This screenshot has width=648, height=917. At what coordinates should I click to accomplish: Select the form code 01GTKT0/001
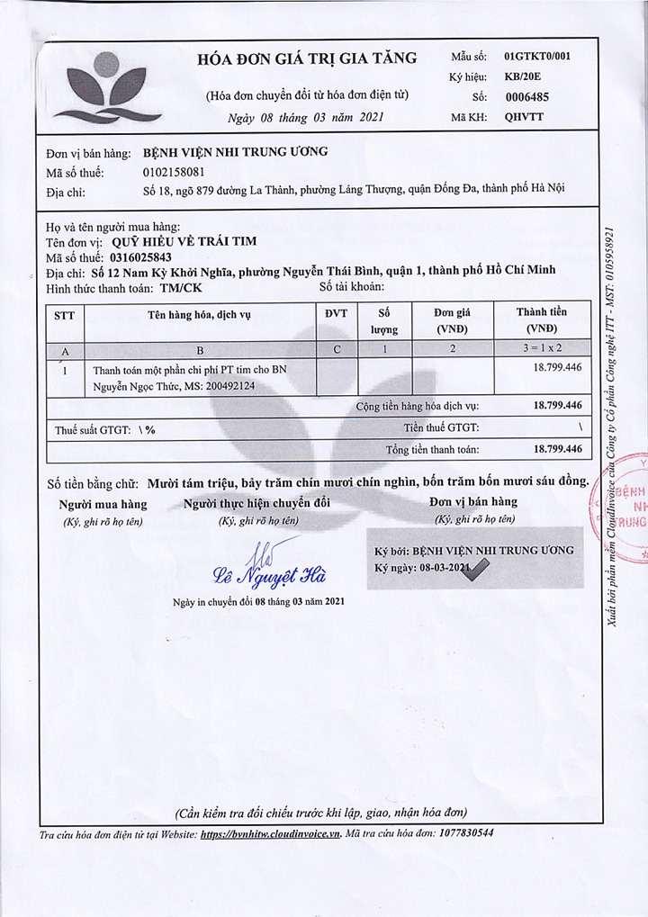pyautogui.click(x=537, y=56)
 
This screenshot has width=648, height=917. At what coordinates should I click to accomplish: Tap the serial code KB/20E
pyautogui.click(x=524, y=76)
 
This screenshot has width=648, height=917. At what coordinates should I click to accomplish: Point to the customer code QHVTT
pyautogui.click(x=524, y=116)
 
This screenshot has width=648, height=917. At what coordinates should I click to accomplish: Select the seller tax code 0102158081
pyautogui.click(x=174, y=171)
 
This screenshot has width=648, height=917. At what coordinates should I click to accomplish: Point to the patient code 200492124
pyautogui.click(x=228, y=386)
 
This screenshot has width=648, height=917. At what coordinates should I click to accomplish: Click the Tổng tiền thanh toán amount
pyautogui.click(x=557, y=448)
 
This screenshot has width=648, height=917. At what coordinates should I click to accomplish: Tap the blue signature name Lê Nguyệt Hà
pyautogui.click(x=269, y=575)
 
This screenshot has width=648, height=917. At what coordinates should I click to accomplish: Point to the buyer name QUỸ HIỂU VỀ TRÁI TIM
pyautogui.click(x=184, y=241)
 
